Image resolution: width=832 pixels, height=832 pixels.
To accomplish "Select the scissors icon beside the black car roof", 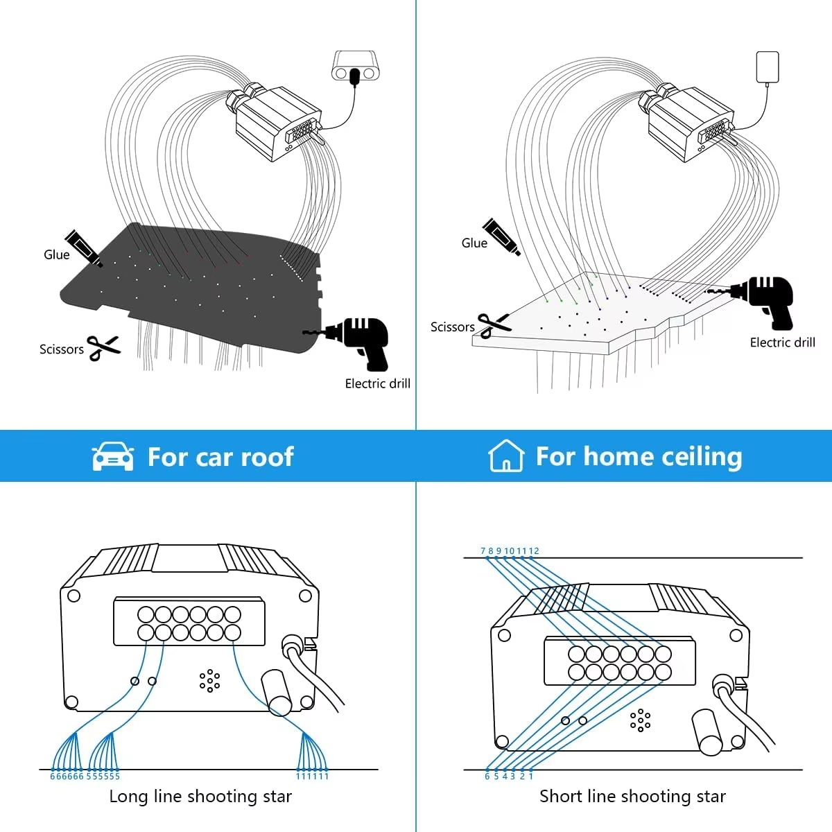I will point(103,347).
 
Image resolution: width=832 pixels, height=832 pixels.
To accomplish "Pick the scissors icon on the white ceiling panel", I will point(494,324).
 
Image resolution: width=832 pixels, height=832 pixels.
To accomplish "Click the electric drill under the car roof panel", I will point(361,340).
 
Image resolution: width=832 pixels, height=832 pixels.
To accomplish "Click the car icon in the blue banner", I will point(113,457).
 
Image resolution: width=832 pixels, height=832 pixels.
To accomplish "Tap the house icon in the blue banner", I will point(505,456).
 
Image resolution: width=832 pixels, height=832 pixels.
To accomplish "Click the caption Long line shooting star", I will point(200,797).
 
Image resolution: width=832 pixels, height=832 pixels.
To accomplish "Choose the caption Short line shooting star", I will point(632,797).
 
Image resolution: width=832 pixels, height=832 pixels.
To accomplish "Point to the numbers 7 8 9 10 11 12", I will point(510,551).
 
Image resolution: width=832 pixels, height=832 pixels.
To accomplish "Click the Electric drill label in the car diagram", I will point(377,383).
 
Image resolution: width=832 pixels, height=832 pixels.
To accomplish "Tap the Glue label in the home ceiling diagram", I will point(474,243).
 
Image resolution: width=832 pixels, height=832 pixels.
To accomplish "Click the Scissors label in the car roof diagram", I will point(61,349).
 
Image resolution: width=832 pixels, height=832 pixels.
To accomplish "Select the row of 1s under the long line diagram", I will point(312,777).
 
